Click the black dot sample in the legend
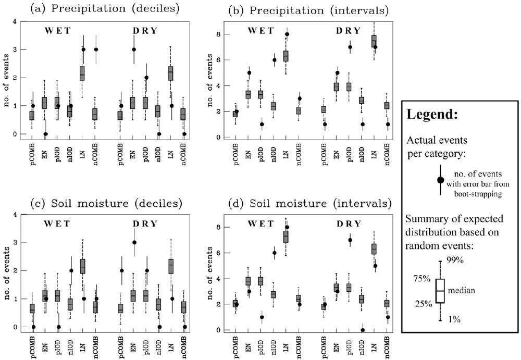click(440, 180)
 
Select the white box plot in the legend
click(440, 291)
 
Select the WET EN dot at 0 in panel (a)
click(45, 134)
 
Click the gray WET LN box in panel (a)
click(82, 73)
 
